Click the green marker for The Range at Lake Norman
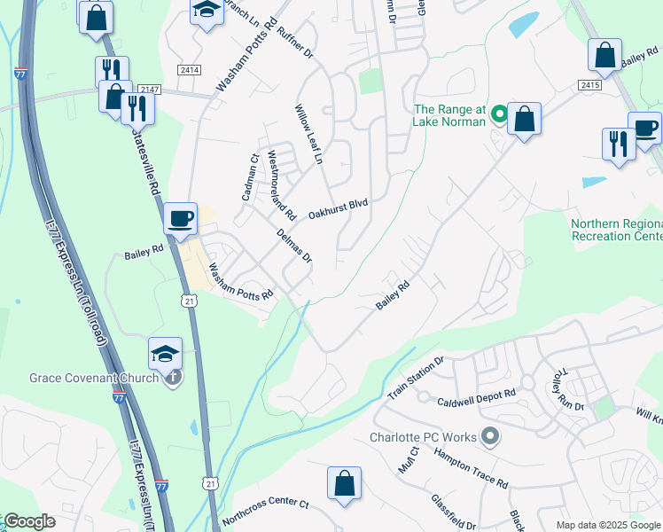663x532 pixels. tap(498, 113)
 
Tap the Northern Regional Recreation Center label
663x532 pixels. tap(617, 231)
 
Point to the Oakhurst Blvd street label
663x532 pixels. tap(338, 209)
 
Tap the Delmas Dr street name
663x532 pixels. tap(294, 245)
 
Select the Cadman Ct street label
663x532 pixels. tap(249, 177)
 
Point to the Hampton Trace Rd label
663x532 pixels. tap(471, 468)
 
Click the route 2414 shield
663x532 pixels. tap(185, 69)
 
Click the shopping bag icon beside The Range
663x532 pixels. tap(524, 118)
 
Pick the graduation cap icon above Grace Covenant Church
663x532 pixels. tap(166, 354)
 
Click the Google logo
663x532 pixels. tap(29, 521)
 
